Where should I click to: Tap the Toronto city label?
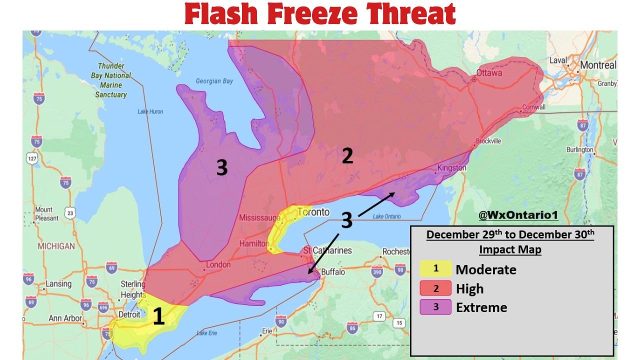click(x=313, y=212)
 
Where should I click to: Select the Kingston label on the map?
click(x=451, y=168)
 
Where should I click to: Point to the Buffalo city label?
click(x=333, y=272)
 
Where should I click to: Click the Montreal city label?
click(x=598, y=65)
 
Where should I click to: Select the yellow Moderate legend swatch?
click(x=435, y=269)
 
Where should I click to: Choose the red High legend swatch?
click(x=435, y=288)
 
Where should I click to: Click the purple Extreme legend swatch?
click(x=435, y=307)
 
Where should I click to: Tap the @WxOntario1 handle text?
click(x=518, y=215)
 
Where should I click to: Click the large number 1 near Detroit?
click(x=158, y=317)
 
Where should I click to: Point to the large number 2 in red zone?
click(x=347, y=156)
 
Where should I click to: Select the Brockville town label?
click(x=488, y=141)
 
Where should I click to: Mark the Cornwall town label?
click(x=533, y=107)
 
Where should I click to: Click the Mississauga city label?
click(x=259, y=217)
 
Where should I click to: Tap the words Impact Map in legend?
click(x=510, y=249)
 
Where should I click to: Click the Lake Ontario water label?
click(x=387, y=216)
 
